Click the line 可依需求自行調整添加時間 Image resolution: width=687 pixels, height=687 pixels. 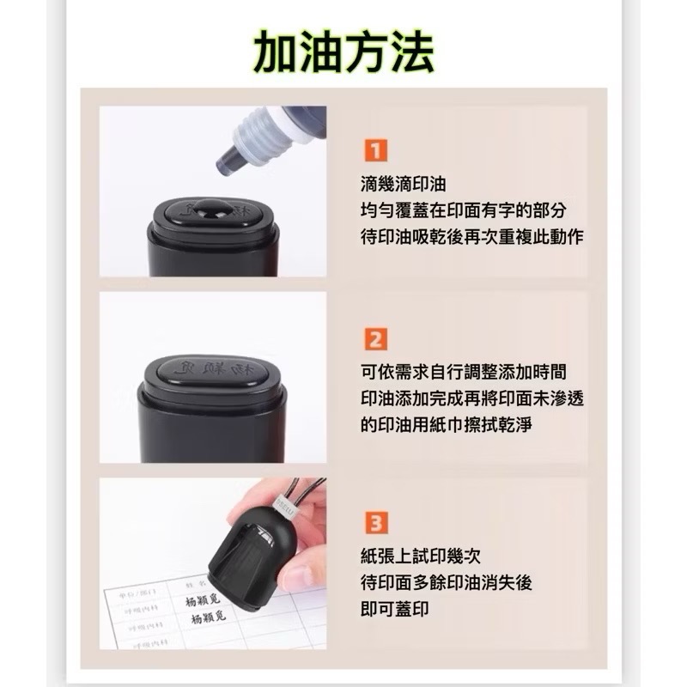pos(464,372)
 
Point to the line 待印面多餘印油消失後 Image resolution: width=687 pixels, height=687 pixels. pos(447,582)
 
